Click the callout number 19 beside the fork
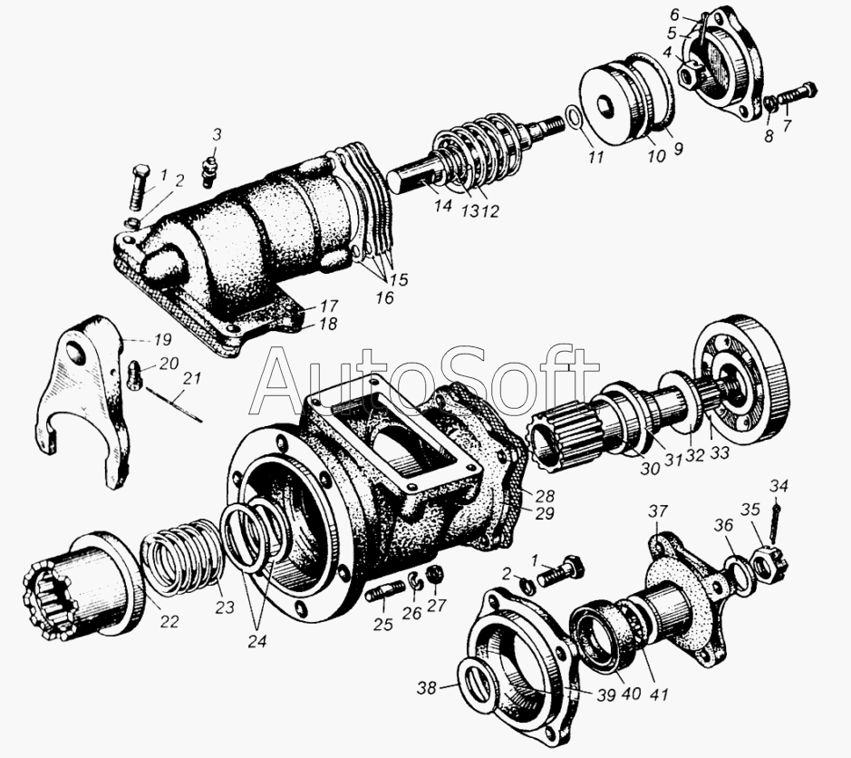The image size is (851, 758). [x=162, y=340]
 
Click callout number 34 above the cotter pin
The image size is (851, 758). [x=778, y=486]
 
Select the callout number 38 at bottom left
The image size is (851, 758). [x=427, y=688]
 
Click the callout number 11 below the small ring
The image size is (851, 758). [x=595, y=157]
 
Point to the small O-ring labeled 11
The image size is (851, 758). [x=574, y=119]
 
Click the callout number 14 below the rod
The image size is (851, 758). [x=443, y=205]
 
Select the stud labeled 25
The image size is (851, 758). [x=385, y=591]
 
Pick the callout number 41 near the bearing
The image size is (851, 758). [x=659, y=694]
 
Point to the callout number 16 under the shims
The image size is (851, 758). [x=383, y=297]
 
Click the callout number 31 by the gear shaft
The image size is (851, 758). [x=673, y=460]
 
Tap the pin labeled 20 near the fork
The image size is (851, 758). [x=134, y=375]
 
